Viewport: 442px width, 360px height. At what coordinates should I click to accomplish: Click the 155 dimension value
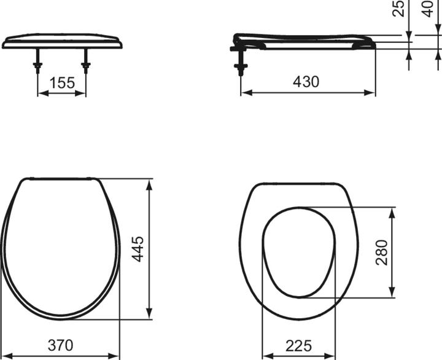point(62,83)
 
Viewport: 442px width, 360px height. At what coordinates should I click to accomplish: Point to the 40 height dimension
point(428,9)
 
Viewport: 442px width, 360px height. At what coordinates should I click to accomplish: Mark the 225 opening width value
point(299,345)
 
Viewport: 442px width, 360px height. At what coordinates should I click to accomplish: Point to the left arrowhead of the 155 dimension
point(41,93)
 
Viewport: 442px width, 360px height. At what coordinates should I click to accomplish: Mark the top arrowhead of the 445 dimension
point(149,183)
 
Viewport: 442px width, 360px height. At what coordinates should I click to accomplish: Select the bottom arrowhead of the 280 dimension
point(392,293)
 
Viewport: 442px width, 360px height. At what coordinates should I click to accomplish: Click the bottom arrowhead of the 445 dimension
point(149,315)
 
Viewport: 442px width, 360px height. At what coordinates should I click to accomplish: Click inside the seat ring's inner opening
point(298,252)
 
